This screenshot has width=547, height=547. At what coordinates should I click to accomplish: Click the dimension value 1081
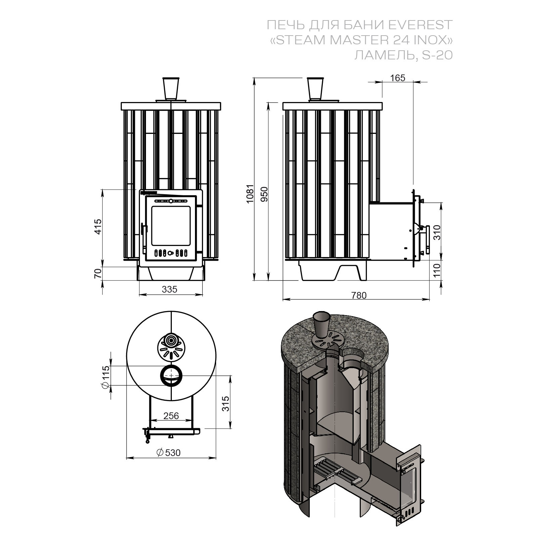250,194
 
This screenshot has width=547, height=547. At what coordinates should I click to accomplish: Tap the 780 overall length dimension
359,295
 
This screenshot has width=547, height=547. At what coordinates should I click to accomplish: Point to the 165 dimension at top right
398,78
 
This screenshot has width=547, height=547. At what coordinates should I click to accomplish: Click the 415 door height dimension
98,227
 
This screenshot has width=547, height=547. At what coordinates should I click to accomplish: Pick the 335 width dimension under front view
169,289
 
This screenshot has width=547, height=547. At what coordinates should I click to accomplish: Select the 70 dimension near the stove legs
98,273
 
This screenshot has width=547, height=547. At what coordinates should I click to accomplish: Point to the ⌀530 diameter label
168,453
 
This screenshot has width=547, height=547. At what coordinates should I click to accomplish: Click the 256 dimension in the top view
171,416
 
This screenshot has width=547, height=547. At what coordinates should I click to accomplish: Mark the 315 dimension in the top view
225,404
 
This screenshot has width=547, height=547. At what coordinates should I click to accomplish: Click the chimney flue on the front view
171,88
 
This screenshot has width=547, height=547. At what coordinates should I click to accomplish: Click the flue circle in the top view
171,376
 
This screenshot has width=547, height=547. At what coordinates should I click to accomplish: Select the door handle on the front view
144,235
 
